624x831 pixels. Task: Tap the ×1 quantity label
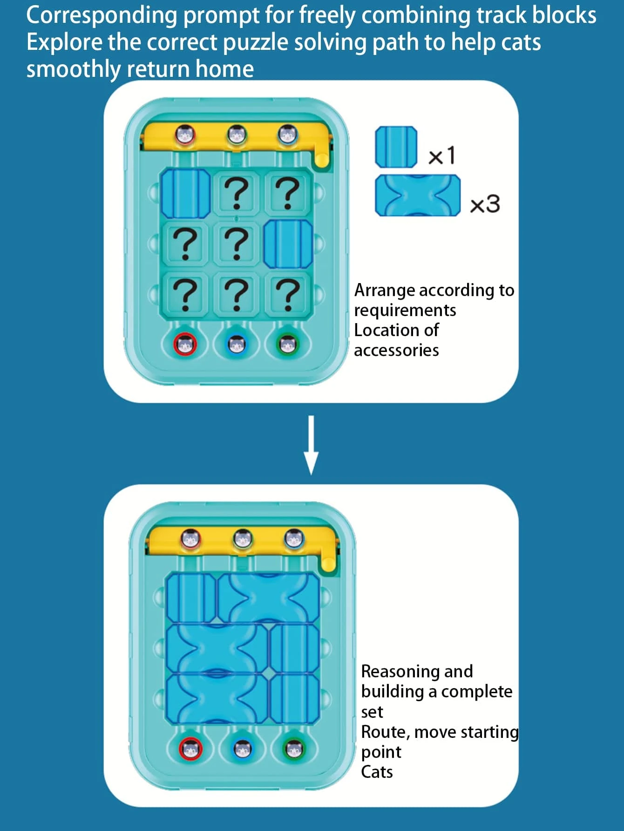pyautogui.click(x=441, y=155)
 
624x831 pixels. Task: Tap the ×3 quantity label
pyautogui.click(x=485, y=204)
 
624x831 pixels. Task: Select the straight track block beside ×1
pyautogui.click(x=396, y=147)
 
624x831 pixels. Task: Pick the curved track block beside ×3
pyautogui.click(x=418, y=196)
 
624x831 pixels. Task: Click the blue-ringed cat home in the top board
pyautogui.click(x=237, y=345)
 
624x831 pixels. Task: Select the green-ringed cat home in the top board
pyautogui.click(x=288, y=345)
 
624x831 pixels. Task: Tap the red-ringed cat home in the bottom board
pyautogui.click(x=191, y=749)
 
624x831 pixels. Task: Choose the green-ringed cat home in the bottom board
pyautogui.click(x=294, y=749)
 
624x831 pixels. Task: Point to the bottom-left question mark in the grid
pyautogui.click(x=185, y=294)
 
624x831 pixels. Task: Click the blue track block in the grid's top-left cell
pyautogui.click(x=185, y=193)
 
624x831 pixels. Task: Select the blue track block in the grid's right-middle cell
pyautogui.click(x=288, y=244)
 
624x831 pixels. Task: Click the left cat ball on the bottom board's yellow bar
pyautogui.click(x=190, y=539)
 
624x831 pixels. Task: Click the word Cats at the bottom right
pyautogui.click(x=377, y=772)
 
